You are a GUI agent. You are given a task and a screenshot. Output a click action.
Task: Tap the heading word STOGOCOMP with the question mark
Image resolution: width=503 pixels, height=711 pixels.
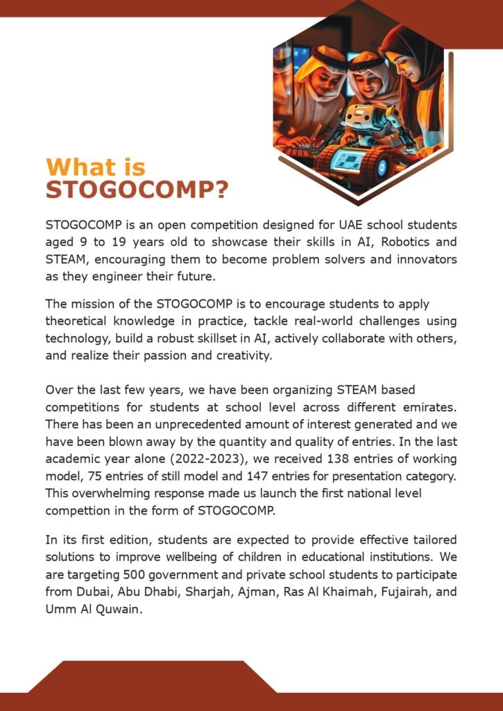point(137,190)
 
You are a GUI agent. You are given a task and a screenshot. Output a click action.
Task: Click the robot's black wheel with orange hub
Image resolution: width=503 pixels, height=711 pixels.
point(379,167)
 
